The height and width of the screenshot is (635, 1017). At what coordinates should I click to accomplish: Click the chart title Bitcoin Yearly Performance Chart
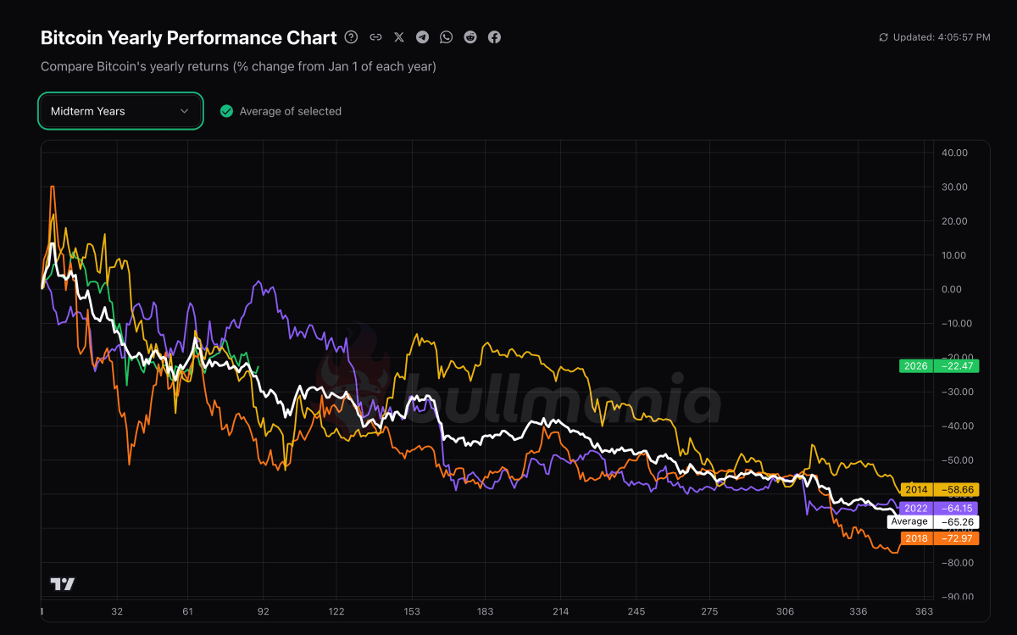188,38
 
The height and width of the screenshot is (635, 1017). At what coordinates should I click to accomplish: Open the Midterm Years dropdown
119,111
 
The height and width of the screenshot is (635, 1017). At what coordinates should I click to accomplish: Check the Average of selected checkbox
226,111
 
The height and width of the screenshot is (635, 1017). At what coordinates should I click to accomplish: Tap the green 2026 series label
915,366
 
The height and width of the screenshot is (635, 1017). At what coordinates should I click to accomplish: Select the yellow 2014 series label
916,490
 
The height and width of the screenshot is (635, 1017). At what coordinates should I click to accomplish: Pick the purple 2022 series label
916,508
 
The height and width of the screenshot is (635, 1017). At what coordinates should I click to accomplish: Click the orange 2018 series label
916,538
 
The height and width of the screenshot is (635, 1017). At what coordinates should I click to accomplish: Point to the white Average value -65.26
955,522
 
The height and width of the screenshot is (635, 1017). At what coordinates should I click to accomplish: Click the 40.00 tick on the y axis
954,153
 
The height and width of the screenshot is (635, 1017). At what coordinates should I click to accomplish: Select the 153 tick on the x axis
412,611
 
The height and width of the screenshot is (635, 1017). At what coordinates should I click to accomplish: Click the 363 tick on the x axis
924,611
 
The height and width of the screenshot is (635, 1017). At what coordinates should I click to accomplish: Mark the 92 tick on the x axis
263,611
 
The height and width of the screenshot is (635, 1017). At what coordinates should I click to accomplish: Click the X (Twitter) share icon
399,37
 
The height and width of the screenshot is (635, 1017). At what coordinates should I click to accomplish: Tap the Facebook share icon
494,37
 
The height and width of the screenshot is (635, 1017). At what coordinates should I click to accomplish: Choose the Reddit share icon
470,37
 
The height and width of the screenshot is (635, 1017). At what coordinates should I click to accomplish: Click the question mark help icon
352,37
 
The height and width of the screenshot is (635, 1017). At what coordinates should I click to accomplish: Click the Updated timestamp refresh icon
884,37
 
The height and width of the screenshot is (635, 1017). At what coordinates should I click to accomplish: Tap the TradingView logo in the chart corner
63,584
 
